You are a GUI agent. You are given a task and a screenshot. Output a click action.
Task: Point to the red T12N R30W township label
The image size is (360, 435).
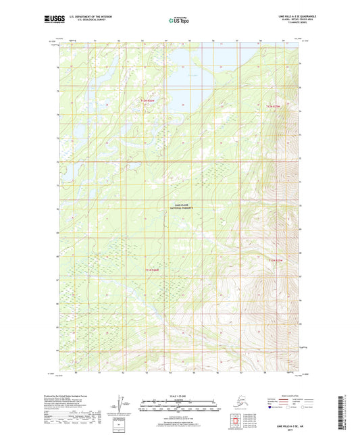[x=148, y=101]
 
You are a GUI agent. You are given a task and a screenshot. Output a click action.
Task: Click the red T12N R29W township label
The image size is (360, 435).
[x=272, y=106]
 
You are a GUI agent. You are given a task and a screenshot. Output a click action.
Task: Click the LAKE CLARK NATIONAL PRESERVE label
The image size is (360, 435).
[x=180, y=207]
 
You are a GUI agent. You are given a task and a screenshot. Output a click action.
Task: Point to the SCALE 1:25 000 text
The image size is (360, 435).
[x=179, y=395]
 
